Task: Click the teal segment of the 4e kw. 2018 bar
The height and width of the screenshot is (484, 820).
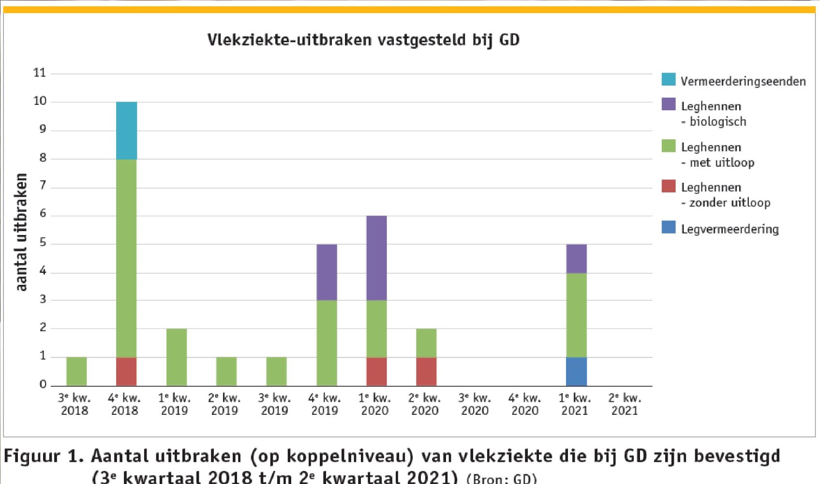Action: click(x=126, y=131)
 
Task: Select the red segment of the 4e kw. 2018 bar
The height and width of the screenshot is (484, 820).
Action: click(x=126, y=371)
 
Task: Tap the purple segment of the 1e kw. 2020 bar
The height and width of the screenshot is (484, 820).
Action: click(x=376, y=258)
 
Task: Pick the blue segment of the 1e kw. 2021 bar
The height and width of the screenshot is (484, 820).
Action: click(x=576, y=371)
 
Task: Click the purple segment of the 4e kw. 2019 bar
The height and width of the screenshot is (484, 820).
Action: click(x=327, y=272)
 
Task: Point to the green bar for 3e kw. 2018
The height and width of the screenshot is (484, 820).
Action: click(x=76, y=371)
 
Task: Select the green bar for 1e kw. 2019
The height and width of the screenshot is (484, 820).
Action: click(x=177, y=357)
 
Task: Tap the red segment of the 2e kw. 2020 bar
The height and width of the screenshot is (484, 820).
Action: click(x=426, y=371)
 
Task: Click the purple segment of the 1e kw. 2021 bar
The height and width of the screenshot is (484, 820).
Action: click(x=576, y=259)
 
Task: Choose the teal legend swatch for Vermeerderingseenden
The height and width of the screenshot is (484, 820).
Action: click(x=669, y=79)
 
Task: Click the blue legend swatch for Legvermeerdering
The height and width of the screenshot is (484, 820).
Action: click(x=669, y=227)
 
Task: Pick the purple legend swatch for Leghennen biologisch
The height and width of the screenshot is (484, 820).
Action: click(x=669, y=104)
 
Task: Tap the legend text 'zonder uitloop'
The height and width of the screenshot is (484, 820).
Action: click(x=730, y=203)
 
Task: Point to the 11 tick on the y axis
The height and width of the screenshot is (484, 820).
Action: click(x=40, y=73)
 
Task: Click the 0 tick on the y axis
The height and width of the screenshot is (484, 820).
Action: click(x=43, y=385)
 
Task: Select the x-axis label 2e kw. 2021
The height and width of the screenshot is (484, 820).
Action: click(x=625, y=404)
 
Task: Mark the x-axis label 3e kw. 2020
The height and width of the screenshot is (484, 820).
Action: click(x=475, y=404)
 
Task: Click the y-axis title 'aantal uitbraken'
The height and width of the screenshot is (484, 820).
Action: click(x=21, y=232)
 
